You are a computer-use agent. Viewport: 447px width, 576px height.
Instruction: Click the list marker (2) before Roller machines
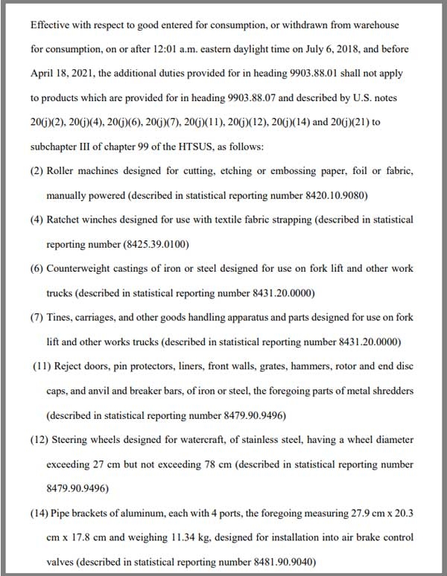37,171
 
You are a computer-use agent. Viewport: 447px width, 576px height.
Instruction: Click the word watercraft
196,439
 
